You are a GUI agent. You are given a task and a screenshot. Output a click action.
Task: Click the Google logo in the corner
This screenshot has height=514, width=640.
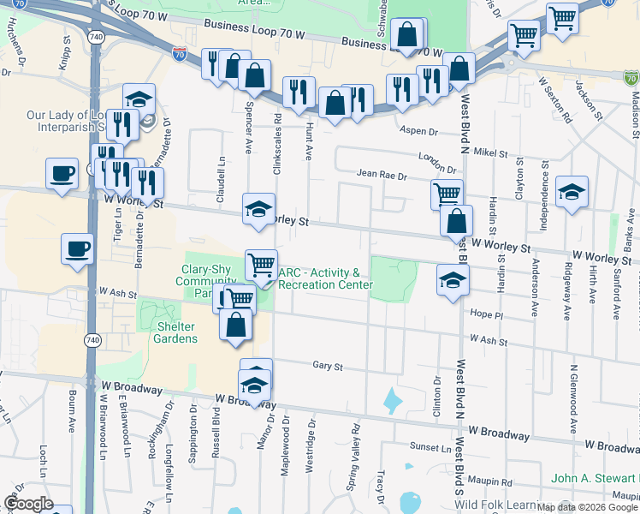pos(28,504)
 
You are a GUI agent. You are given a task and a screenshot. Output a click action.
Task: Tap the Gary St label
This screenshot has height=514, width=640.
pos(327,366)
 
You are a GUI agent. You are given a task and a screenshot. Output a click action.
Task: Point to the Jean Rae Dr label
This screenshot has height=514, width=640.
pos(382,176)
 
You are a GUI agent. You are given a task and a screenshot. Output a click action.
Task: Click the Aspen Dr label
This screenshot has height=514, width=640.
pos(419,132)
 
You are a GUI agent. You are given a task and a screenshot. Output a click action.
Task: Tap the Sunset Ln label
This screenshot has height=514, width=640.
pos(430,447)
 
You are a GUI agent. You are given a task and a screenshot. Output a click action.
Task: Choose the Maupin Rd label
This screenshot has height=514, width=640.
pos(495,482)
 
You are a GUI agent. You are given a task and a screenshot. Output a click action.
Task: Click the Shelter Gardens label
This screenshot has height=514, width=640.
pos(175,332)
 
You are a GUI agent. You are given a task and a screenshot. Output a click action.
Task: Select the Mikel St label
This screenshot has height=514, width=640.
pos(490,152)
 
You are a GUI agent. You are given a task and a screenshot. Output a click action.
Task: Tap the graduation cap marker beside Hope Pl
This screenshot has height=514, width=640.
pos(453,281)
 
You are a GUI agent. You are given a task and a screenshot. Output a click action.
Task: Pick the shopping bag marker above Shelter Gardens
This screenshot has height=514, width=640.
pos(235,326)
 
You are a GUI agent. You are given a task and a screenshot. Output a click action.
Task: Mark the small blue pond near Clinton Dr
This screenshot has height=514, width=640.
pos(393,398)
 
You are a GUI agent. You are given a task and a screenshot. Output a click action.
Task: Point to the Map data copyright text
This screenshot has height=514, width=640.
pos(587,507)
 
